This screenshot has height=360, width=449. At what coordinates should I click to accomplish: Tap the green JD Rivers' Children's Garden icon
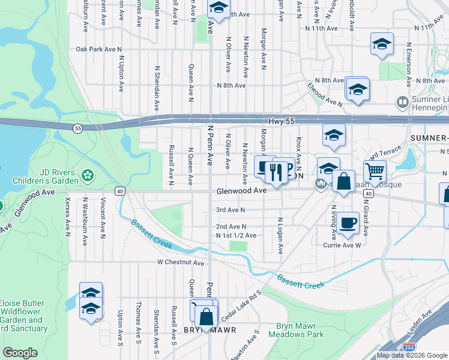(x=89, y=176)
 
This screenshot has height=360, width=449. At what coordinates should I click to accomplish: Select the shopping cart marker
(x=375, y=170)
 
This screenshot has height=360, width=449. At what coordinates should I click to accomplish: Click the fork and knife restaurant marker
(x=276, y=173)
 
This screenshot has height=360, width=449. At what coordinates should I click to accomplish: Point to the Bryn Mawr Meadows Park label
(x=300, y=330)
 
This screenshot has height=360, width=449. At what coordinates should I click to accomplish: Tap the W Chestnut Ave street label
(x=181, y=262)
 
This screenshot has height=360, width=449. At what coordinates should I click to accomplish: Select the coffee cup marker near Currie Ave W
(x=348, y=224)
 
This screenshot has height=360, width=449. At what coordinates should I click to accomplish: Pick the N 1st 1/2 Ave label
(x=236, y=236)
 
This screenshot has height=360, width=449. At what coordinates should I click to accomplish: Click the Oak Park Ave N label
(x=99, y=49)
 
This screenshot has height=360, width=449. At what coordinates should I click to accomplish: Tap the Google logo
(x=20, y=353)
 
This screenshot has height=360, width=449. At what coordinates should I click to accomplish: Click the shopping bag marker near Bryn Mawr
(x=206, y=316)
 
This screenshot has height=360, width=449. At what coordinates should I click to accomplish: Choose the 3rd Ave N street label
(x=231, y=210)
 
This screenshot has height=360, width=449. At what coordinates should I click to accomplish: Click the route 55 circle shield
(x=77, y=128)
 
